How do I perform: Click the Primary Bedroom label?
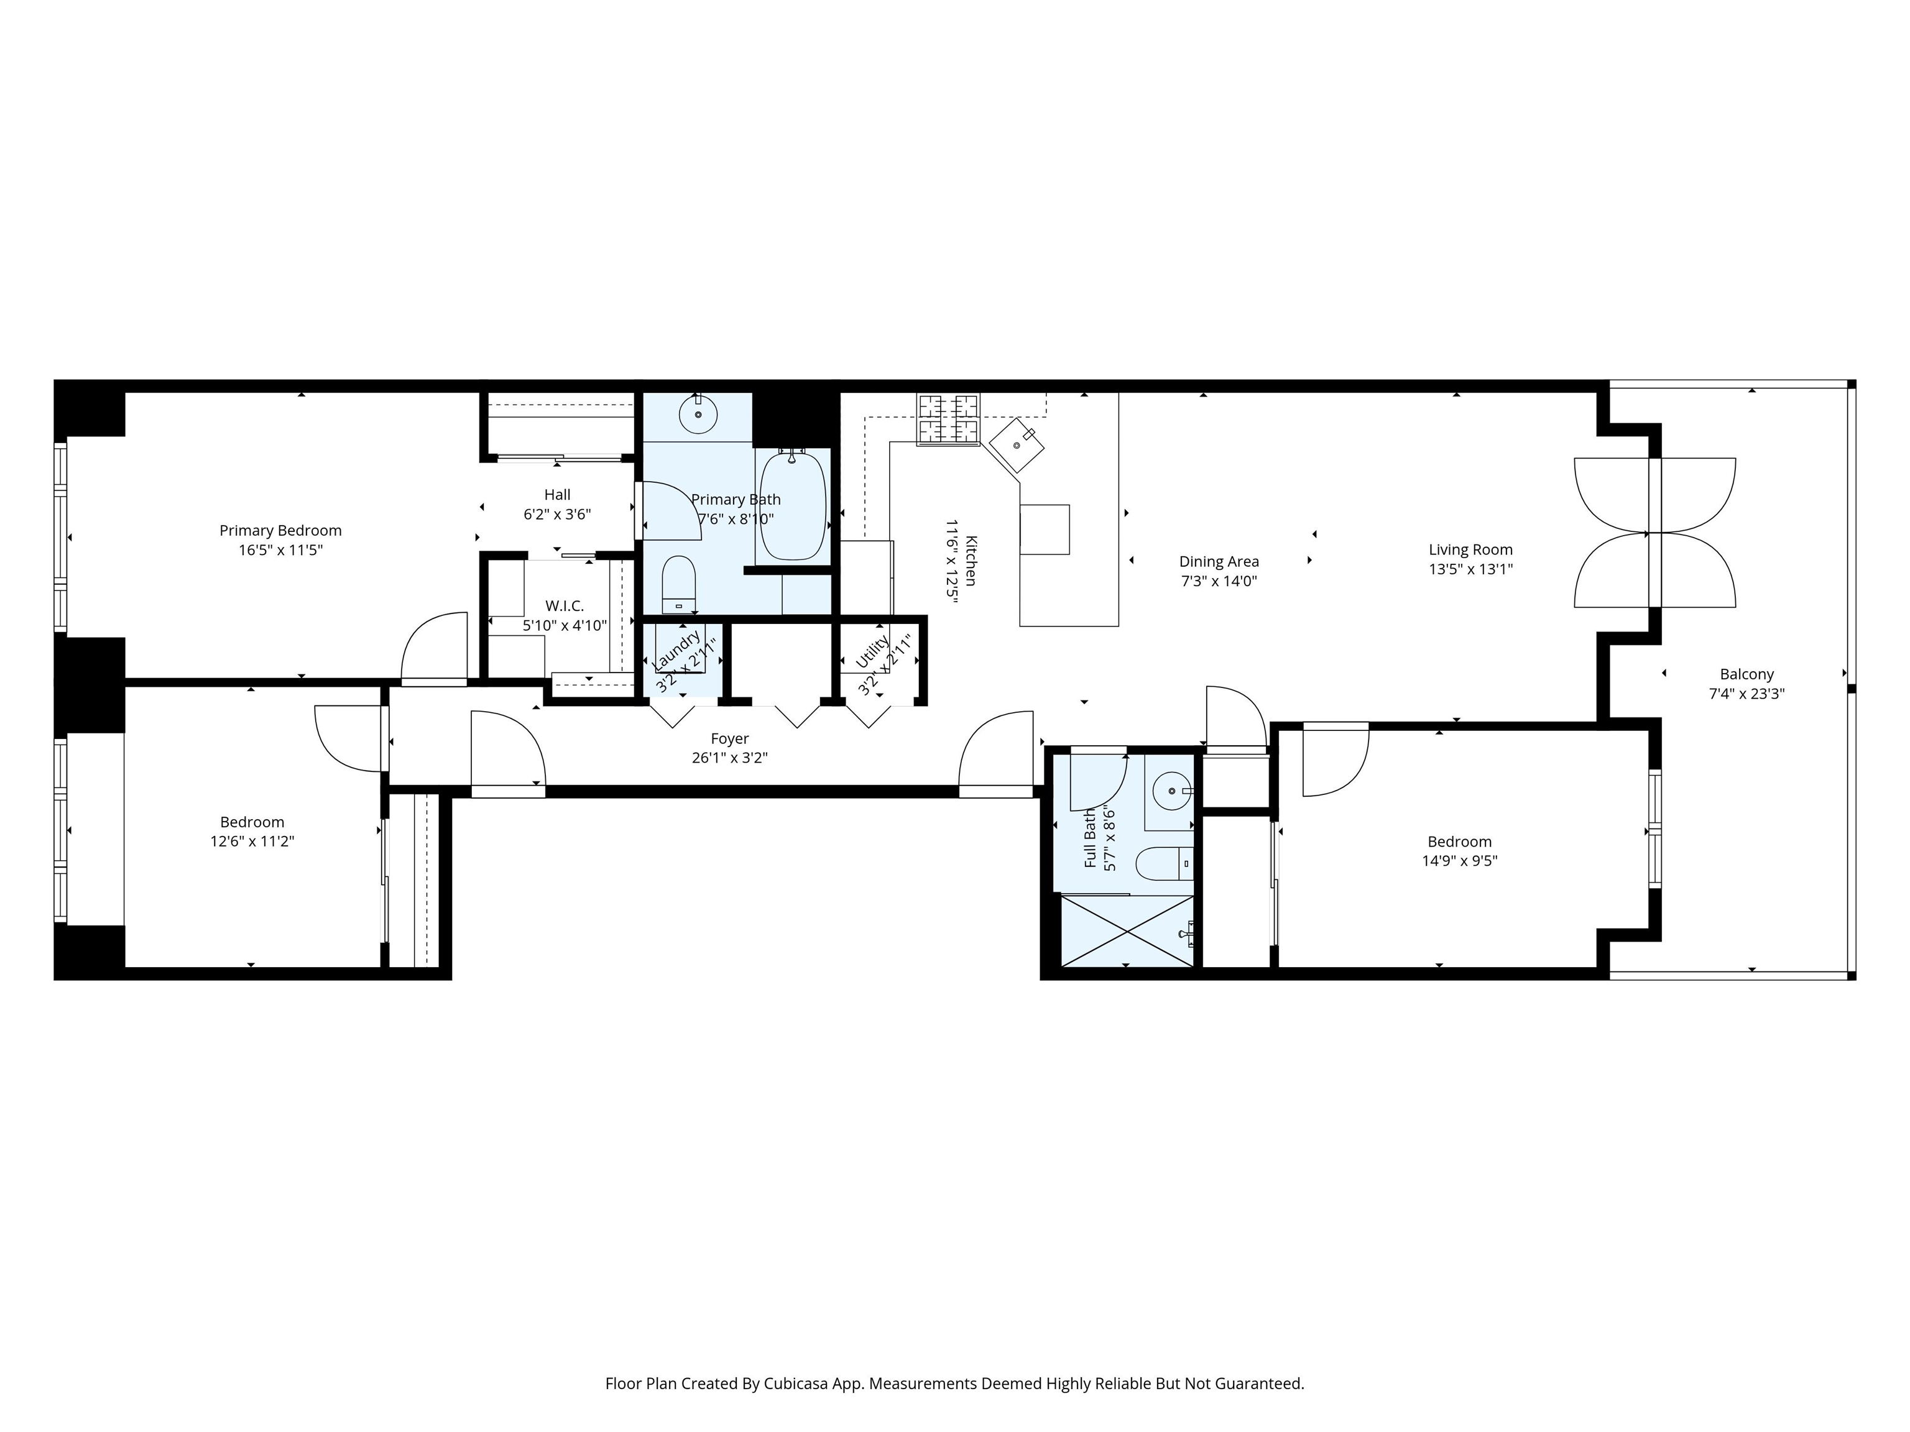pos(280,531)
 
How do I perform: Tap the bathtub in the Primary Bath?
pos(793,506)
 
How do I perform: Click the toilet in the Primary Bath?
pos(679,584)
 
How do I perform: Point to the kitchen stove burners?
pos(949,420)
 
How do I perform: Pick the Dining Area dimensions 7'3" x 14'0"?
pos(1219,581)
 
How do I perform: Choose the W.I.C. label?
pos(565,606)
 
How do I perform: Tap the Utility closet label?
pos(872,652)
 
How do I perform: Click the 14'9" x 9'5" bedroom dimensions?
pos(1459,861)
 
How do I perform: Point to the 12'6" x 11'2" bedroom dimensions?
pos(252,842)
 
